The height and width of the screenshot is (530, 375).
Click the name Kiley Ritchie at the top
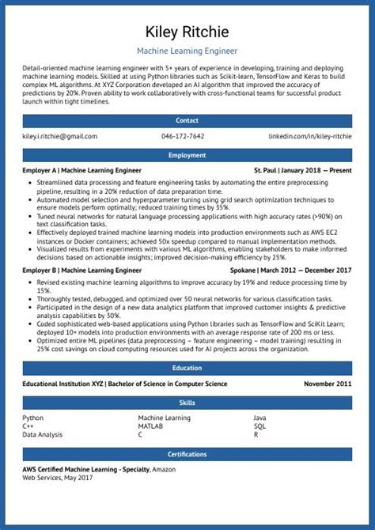187,32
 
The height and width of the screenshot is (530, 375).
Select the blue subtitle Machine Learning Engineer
187,51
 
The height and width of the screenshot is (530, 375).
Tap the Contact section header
187,120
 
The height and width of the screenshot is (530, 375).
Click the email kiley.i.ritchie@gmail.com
60,136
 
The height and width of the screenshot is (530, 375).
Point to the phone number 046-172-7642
183,136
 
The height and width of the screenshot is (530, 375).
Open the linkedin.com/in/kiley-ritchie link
310,136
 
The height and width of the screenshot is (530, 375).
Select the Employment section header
187,155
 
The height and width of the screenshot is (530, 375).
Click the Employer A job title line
82,170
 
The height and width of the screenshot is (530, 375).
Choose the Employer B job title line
82,271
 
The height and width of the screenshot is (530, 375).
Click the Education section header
187,368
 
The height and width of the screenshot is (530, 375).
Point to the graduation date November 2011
328,384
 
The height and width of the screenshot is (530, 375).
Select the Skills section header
187,403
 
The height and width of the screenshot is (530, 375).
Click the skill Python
33,418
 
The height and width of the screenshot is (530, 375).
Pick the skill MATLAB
150,426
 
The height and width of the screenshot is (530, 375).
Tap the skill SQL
259,426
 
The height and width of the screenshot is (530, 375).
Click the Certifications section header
187,454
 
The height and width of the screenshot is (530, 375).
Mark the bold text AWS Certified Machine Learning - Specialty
85,470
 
